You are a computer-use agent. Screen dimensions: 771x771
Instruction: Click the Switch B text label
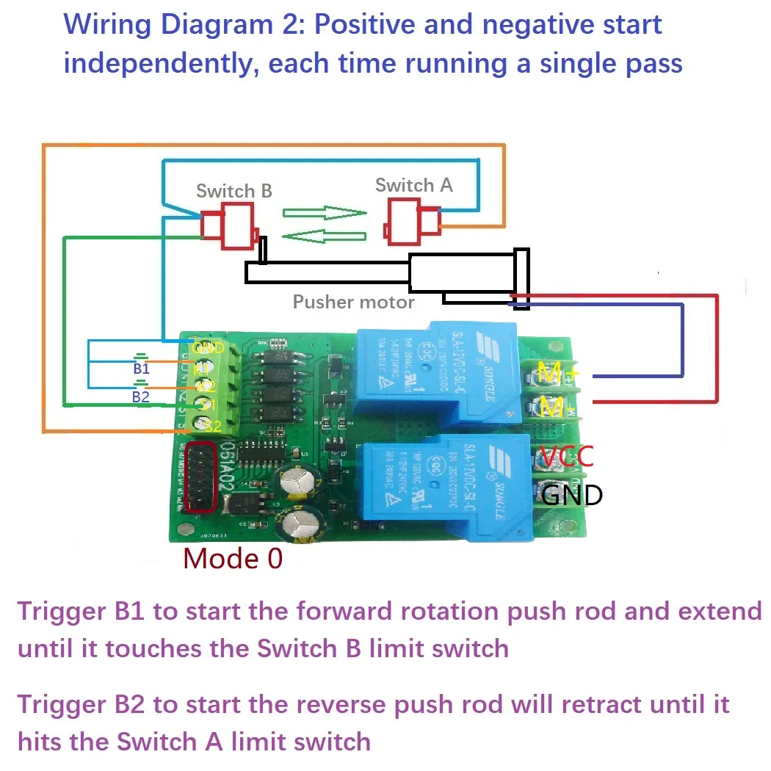pos(234,191)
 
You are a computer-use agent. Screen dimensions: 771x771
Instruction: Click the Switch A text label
pos(413,185)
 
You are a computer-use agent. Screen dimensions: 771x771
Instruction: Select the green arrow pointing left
pos(325,236)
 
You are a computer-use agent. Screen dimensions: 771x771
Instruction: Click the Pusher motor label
pos(354,302)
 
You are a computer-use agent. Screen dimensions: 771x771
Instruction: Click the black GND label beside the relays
pos(571,496)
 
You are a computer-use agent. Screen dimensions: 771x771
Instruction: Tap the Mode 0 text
pos(232,559)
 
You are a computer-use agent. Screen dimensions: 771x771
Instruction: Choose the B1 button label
pos(141,369)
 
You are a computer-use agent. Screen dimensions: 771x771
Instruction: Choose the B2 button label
pos(140,397)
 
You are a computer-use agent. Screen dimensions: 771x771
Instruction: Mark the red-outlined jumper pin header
pos(200,478)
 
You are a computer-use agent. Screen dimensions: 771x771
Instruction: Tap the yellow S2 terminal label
pos(211,425)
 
